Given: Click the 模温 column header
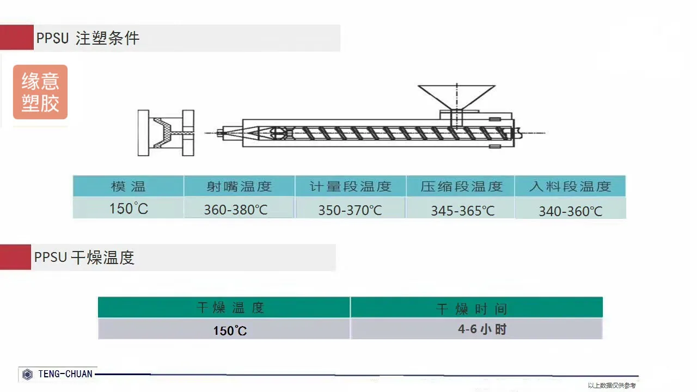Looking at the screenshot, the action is tap(128, 186).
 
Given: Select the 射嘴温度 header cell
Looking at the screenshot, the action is tap(239, 186).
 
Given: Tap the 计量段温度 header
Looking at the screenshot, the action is tap(350, 186).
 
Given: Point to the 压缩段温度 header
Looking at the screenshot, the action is tap(461, 186).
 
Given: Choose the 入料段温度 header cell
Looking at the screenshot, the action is tap(570, 186).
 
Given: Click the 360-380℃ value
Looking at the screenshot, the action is tap(236, 210).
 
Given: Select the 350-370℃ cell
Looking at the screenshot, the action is tap(350, 210).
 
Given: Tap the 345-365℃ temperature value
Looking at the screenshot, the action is tap(463, 211).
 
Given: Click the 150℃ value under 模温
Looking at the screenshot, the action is tap(129, 209).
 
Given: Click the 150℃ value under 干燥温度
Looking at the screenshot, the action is tap(230, 330).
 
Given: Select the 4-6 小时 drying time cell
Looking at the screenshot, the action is tap(482, 329).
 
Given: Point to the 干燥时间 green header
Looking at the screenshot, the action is tap(476, 308).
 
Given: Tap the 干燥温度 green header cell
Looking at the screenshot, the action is tap(224, 308).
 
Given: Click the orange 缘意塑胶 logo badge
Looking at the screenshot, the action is tap(40, 92).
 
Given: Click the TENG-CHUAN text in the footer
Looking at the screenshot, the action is tap(65, 374).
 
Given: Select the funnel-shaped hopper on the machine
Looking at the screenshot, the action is tap(456, 97).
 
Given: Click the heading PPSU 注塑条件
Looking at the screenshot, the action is tap(88, 38).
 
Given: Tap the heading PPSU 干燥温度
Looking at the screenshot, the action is tap(84, 258).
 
